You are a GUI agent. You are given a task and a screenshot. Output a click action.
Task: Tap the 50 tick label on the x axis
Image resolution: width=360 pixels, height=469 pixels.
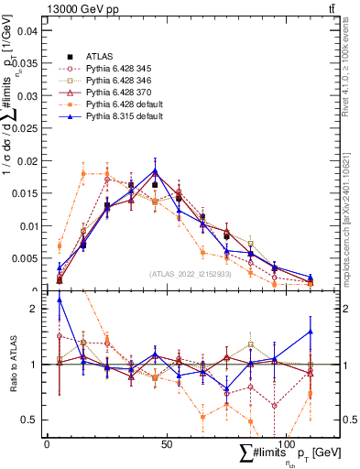coord(167,443)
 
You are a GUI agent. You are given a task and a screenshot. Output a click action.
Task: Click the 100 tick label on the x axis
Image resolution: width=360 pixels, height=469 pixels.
coord(286,443)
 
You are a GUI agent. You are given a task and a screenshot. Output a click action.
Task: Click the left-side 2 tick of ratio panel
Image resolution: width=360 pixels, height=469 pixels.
coord(35,309)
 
